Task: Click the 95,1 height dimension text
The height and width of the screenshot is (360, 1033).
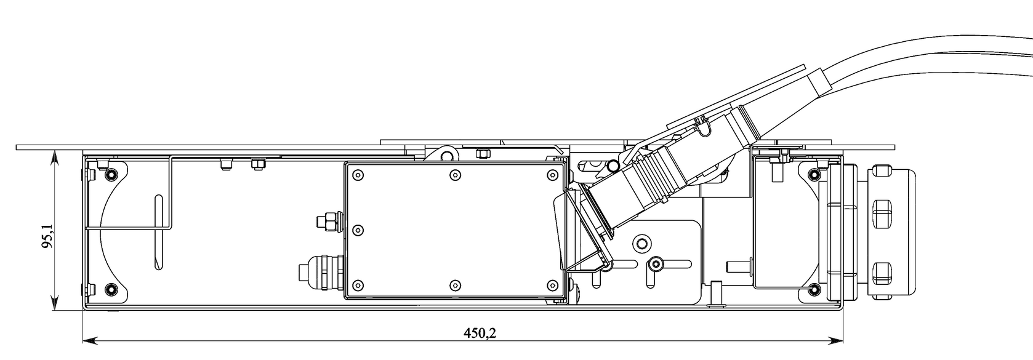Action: click(47, 236)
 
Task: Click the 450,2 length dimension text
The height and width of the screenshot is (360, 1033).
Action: click(480, 333)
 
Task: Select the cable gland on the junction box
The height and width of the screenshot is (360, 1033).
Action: click(321, 271)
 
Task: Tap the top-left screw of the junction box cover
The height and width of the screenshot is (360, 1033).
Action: click(358, 175)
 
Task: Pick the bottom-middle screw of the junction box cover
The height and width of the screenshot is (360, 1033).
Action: click(455, 286)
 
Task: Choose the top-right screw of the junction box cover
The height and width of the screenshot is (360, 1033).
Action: click(552, 175)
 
